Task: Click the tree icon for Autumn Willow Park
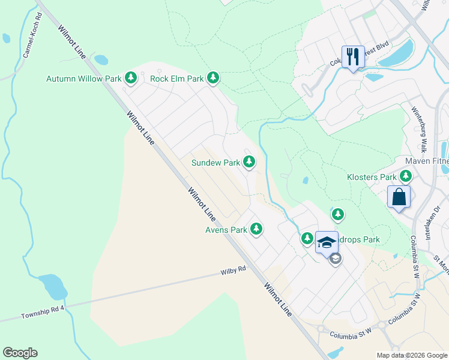point(131,78)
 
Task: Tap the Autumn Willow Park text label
point(84,79)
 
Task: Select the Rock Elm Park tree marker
point(212,78)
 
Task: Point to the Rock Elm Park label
point(177,79)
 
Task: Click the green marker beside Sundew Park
point(249,162)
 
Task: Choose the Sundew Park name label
point(215,163)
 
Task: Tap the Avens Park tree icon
point(256,229)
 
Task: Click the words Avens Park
point(226,230)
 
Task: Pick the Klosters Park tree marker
point(406,177)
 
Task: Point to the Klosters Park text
point(372,178)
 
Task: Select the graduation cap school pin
point(327,242)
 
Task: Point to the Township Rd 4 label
point(42,311)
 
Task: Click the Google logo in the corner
point(20,353)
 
